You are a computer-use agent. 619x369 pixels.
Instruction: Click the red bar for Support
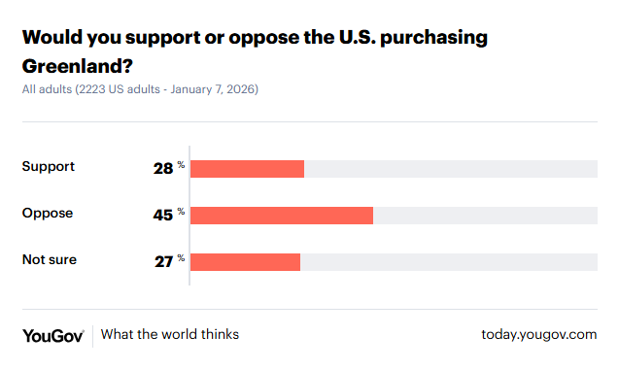pos(247,169)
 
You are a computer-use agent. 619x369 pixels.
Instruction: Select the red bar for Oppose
pos(282,215)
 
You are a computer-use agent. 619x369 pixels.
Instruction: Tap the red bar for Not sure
pos(245,261)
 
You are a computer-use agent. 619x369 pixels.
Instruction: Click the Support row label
pos(49,166)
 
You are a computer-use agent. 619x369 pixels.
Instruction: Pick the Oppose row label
pos(48,213)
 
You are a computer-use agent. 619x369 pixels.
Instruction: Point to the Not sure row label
pos(49,259)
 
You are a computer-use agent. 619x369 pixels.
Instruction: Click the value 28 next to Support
pos(162,169)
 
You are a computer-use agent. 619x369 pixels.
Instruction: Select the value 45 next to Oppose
pos(162,216)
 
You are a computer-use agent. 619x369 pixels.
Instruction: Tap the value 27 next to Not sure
pos(162,261)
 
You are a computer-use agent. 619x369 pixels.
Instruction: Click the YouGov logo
pos(53,335)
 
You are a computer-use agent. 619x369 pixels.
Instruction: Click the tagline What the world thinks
pos(170,335)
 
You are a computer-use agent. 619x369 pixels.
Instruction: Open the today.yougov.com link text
pos(538,335)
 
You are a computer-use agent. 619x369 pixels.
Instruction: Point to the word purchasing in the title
pos(429,39)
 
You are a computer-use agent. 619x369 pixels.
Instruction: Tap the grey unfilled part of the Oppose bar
pos(485,215)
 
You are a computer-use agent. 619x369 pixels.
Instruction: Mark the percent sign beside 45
pos(181,211)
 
